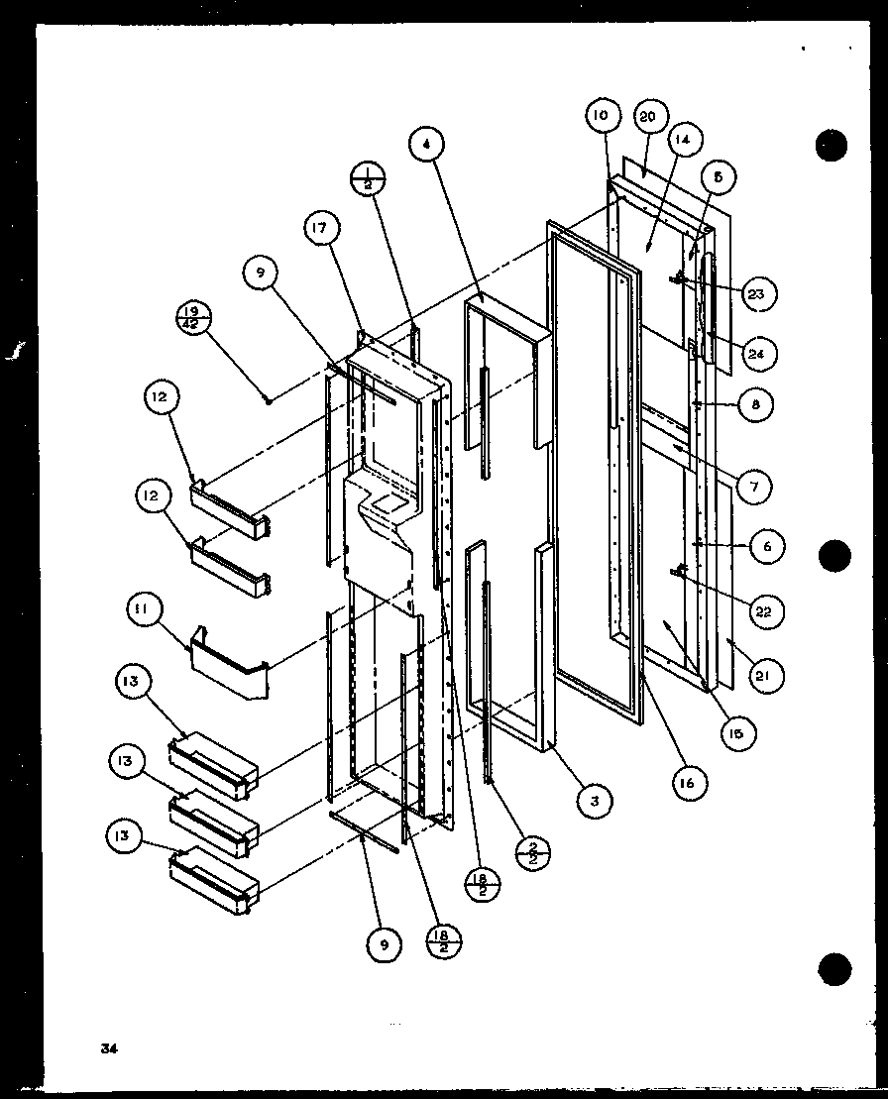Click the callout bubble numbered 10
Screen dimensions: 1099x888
point(602,117)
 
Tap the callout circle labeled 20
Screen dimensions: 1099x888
point(647,117)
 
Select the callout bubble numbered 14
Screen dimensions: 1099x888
point(683,141)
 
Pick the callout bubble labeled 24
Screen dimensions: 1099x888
point(760,353)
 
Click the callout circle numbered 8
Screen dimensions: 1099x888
point(755,404)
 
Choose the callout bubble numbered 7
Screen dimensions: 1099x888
point(755,487)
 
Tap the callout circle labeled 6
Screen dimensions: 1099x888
point(767,546)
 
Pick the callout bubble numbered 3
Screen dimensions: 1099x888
point(594,801)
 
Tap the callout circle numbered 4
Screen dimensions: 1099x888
point(426,145)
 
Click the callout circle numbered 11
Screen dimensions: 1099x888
point(142,611)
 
